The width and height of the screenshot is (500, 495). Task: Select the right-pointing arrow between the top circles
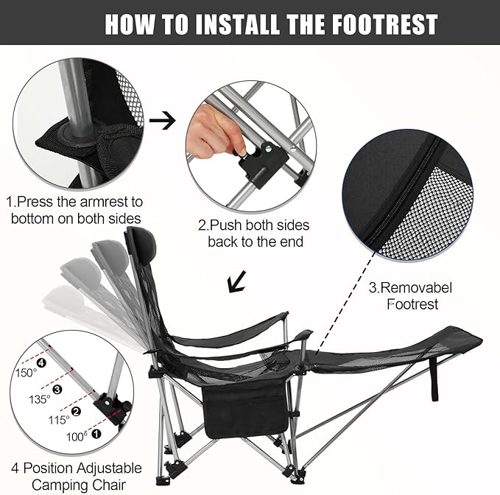(x=162, y=121)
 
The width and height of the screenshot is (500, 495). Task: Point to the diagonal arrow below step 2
(x=237, y=281)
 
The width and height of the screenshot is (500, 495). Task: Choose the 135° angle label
(x=40, y=399)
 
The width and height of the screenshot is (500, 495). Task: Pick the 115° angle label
(x=59, y=420)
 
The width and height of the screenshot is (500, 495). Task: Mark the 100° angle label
(x=77, y=437)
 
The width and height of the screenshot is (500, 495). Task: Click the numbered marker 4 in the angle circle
(x=41, y=362)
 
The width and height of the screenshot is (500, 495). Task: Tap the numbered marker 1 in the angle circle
(x=96, y=434)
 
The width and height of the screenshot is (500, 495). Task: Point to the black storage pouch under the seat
(x=245, y=409)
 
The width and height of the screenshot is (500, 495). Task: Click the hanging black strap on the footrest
(x=434, y=378)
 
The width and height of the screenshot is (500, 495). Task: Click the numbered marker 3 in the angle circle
(x=57, y=389)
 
